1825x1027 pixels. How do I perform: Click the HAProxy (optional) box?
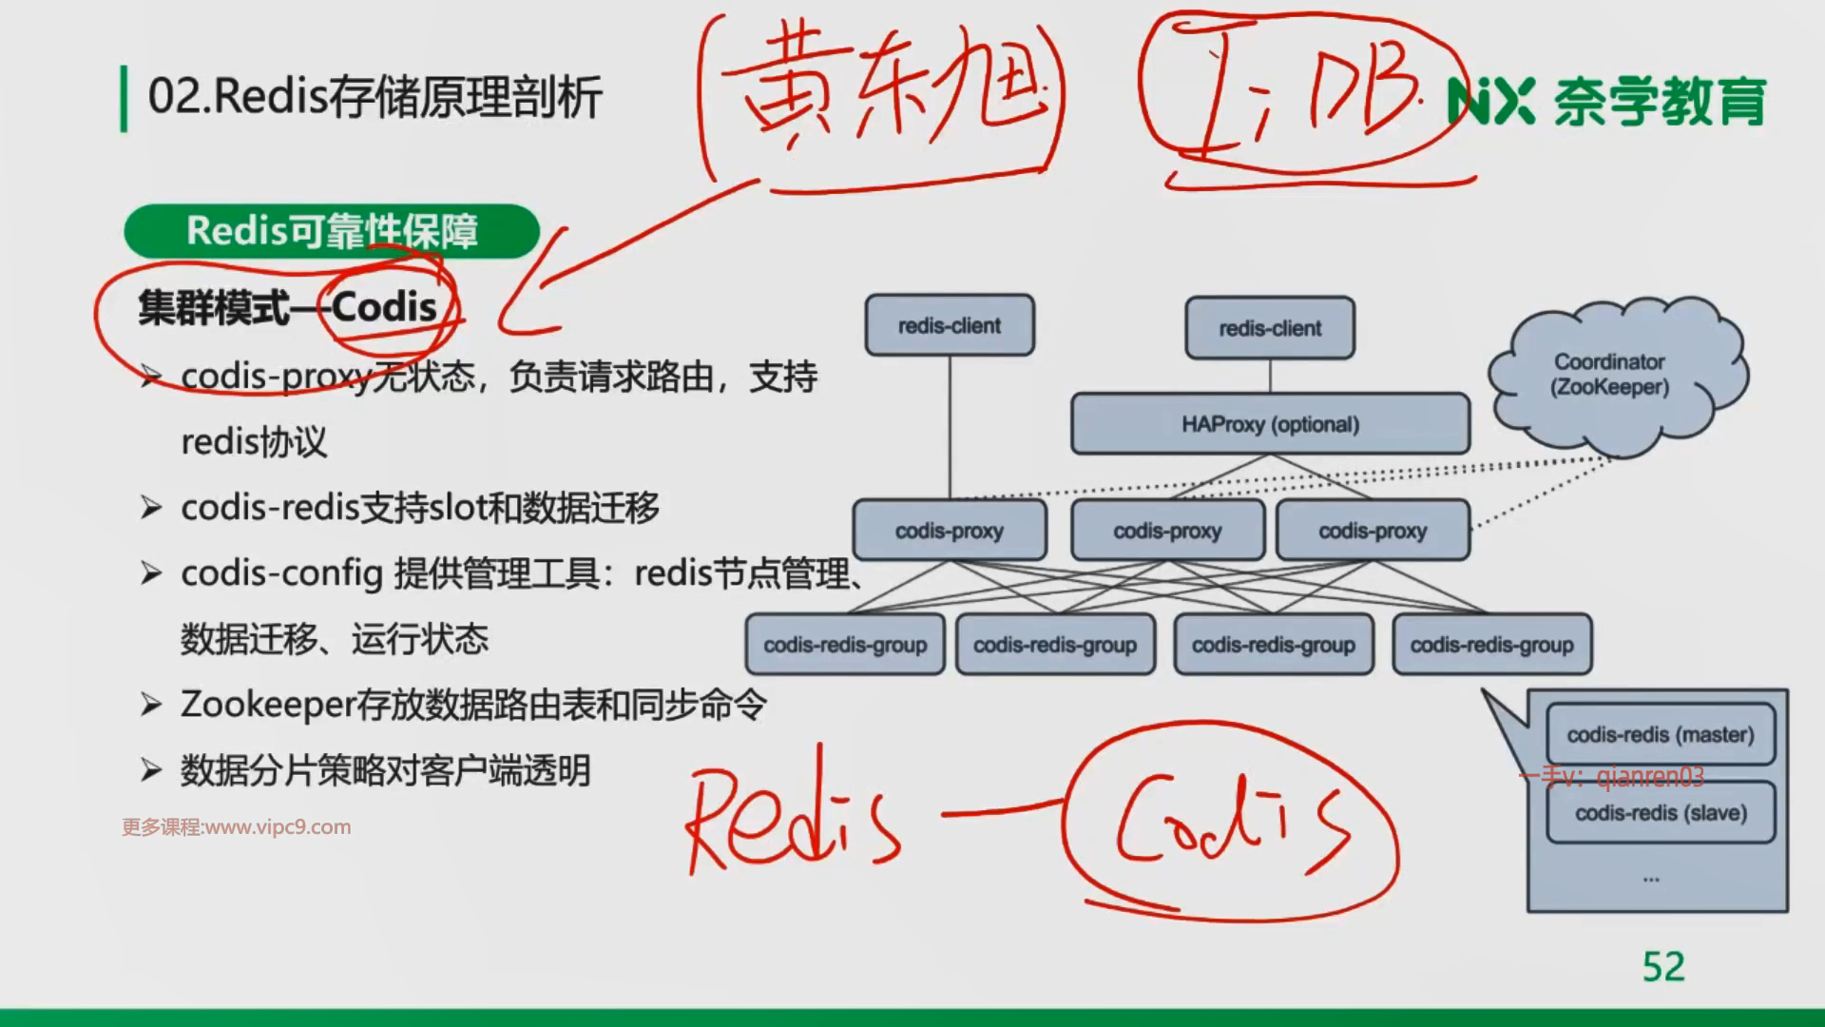[1270, 424]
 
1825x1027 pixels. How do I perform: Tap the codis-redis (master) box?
[1661, 734]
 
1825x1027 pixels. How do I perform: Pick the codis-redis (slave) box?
[1661, 813]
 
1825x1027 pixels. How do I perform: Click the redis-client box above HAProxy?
[1270, 328]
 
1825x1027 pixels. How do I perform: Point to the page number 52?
[1663, 967]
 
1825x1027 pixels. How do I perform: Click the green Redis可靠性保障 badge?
[332, 231]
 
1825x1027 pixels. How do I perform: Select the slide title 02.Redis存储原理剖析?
[375, 97]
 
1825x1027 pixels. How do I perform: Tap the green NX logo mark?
[1490, 101]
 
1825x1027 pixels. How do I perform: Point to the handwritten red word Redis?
[791, 820]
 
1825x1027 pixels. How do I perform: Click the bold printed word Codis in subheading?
[384, 307]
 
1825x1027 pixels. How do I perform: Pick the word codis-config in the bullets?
[281, 573]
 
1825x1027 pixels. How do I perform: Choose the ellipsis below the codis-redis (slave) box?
[1651, 880]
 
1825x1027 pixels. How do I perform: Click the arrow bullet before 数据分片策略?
[151, 770]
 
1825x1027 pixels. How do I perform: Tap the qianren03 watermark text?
[1650, 778]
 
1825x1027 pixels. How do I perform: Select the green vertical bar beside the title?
[124, 98]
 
